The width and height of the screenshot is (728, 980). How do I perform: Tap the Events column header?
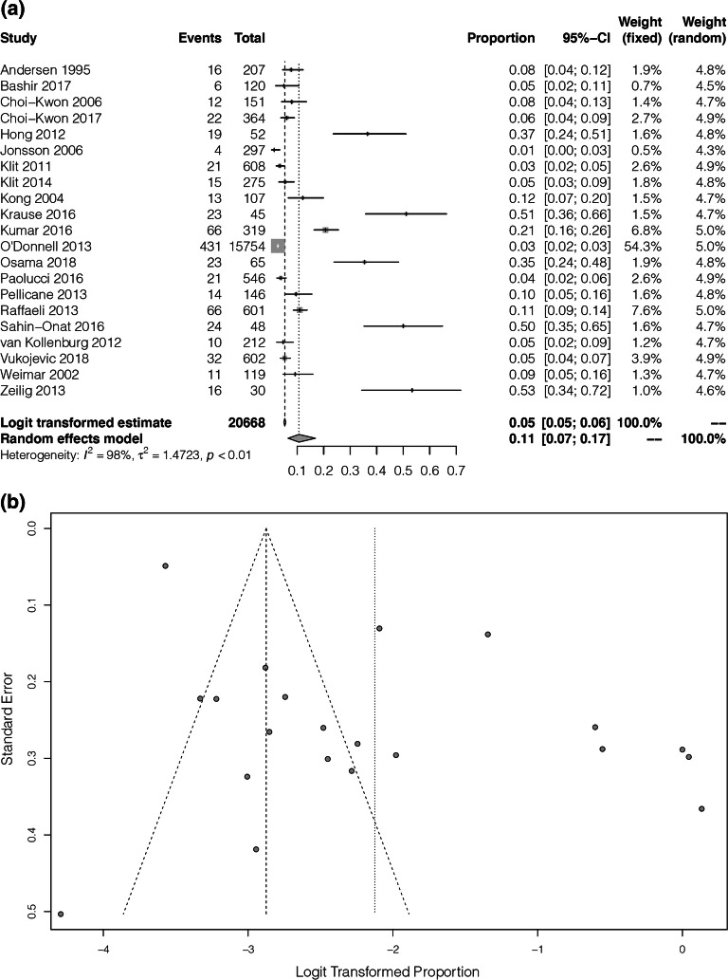[x=200, y=39]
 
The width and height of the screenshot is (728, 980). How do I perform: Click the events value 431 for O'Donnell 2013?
[x=210, y=246]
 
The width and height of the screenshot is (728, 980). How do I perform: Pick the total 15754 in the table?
[x=247, y=246]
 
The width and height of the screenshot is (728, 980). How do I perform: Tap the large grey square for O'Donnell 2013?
[x=277, y=246]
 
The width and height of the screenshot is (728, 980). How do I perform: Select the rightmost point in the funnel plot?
[x=701, y=808]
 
